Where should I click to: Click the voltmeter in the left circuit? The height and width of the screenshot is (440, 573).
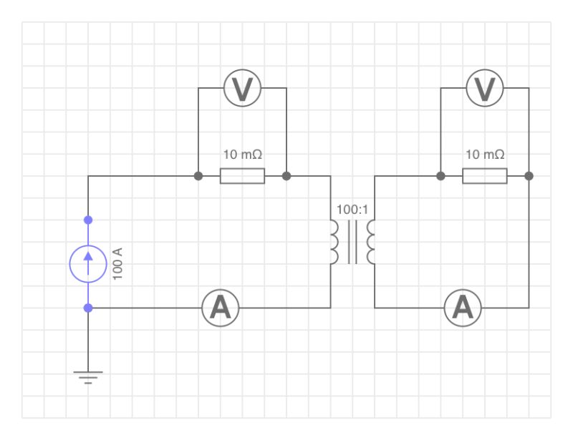click(x=242, y=89)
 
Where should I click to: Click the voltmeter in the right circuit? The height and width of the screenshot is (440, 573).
click(x=485, y=89)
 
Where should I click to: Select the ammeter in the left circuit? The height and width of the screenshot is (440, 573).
click(x=220, y=308)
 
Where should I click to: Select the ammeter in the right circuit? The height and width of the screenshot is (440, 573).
click(x=463, y=308)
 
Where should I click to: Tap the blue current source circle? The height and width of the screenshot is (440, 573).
click(x=88, y=263)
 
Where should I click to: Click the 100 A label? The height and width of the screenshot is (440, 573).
click(x=118, y=263)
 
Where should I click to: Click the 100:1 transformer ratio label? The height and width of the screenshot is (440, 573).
click(x=352, y=210)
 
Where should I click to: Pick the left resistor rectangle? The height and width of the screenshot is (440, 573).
click(x=242, y=176)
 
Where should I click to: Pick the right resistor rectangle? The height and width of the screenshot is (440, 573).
click(x=485, y=176)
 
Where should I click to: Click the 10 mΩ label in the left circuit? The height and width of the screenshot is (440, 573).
click(x=242, y=155)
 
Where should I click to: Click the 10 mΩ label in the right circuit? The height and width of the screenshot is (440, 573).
click(x=485, y=155)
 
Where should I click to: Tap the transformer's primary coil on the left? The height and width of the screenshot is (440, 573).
click(x=334, y=242)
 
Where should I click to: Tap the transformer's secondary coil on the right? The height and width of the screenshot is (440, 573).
click(x=371, y=242)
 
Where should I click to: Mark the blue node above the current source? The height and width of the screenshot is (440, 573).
click(x=88, y=220)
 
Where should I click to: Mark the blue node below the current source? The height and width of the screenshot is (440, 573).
click(x=88, y=308)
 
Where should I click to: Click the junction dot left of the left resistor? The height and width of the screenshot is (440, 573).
click(x=198, y=176)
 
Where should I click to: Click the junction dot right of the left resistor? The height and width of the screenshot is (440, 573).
click(x=286, y=176)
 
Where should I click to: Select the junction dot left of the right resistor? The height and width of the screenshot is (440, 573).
click(x=440, y=176)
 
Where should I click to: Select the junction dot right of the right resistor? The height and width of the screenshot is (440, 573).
click(x=529, y=176)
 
